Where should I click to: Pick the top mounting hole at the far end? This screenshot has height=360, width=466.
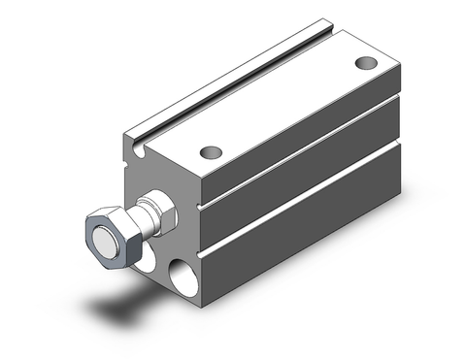tap(364, 64)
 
